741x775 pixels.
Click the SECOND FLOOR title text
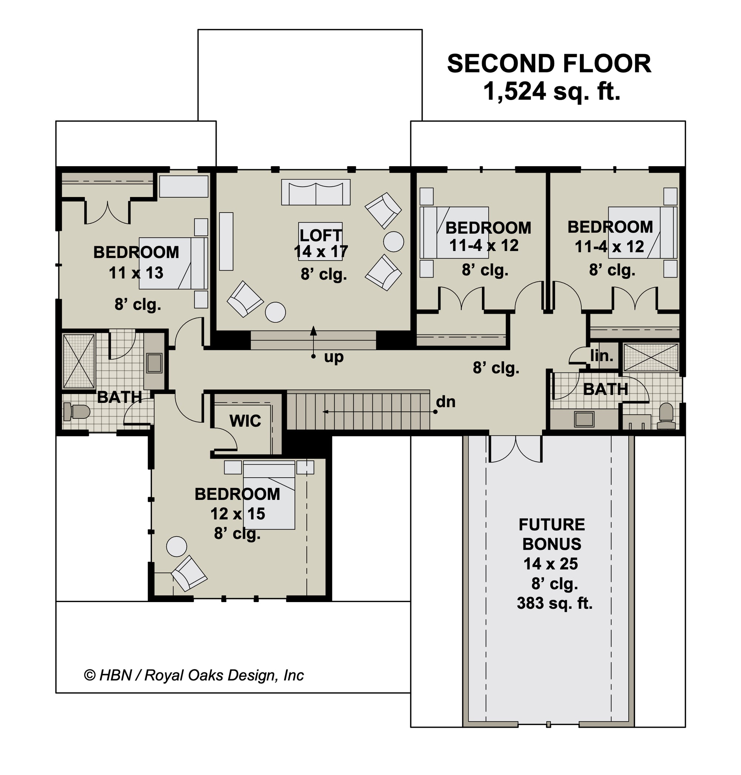click(549, 64)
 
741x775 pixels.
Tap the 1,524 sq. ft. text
click(551, 91)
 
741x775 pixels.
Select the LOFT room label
click(320, 236)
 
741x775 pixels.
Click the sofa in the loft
click(316, 193)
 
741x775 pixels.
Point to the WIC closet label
click(245, 421)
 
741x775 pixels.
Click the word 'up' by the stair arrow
click(334, 357)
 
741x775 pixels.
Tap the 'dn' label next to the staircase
click(446, 402)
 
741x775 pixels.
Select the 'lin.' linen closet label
click(602, 356)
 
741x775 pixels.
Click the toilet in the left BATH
click(77, 412)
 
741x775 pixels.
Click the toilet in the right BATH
click(667, 416)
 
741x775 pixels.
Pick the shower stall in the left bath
click(79, 361)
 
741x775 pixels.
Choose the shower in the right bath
click(651, 358)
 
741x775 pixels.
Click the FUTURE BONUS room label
click(552, 534)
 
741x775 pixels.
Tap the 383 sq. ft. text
click(555, 603)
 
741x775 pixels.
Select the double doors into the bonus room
click(515, 449)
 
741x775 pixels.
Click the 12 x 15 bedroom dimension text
click(237, 514)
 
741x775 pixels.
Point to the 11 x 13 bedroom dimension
click(136, 273)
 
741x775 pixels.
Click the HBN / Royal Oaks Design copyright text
click(193, 675)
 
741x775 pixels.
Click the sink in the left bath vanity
click(154, 363)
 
